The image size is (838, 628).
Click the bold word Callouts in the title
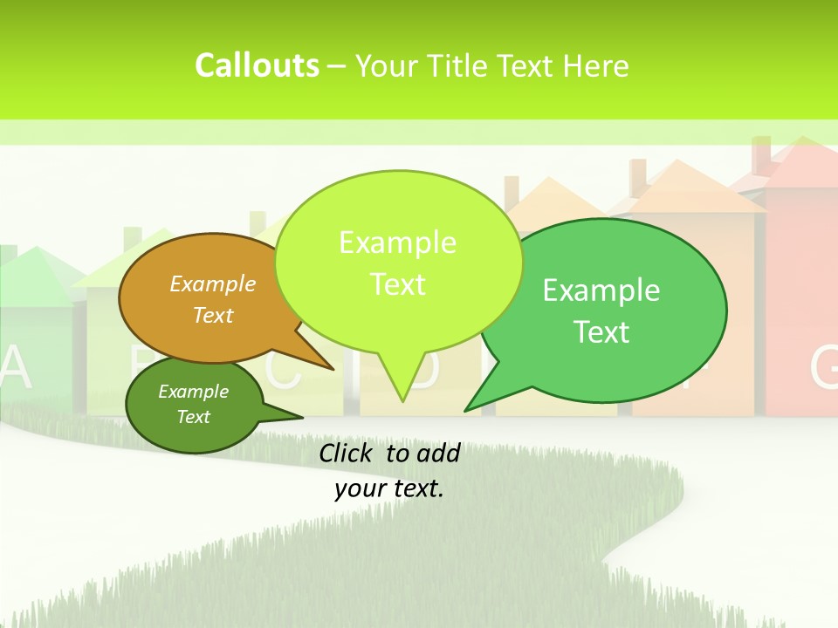click(x=257, y=65)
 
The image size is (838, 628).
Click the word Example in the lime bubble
click(x=398, y=242)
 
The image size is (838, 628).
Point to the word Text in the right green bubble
click(x=602, y=332)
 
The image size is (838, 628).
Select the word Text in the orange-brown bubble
click(x=213, y=315)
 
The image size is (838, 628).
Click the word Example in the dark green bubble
click(x=193, y=392)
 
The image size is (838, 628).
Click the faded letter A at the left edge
click(x=16, y=368)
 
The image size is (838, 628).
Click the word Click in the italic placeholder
click(x=347, y=453)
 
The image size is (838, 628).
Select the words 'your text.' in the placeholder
click(x=389, y=488)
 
